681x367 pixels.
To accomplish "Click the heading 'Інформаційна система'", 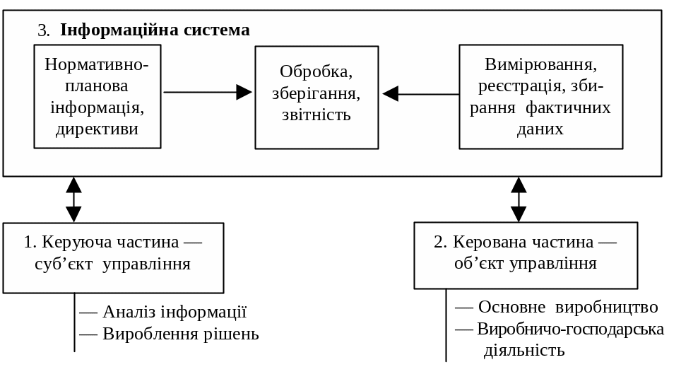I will tap(155, 30).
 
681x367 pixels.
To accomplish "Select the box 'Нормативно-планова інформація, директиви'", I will tap(97, 96).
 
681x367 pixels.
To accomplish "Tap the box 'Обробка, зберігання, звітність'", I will tap(316, 97).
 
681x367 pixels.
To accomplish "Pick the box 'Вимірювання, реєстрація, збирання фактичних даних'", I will tap(540, 96).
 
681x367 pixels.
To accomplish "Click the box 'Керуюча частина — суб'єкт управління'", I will tap(113, 257).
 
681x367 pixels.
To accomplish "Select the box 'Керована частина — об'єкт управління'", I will tap(525, 255).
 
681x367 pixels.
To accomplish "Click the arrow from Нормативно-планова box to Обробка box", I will tap(208, 92).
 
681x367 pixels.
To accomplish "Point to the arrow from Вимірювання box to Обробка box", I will tap(420, 93).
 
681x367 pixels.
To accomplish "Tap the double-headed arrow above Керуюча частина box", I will tap(73, 199).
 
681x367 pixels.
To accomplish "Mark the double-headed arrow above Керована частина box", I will tap(519, 199).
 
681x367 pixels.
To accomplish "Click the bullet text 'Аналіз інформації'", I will tap(174, 312).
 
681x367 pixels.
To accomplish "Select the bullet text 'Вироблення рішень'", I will tap(181, 334).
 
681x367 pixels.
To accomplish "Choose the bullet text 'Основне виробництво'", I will tap(568, 307).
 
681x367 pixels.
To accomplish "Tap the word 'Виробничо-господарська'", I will tap(571, 329).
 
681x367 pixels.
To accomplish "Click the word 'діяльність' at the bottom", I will tap(523, 351).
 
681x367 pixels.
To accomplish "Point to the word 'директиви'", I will tap(97, 129).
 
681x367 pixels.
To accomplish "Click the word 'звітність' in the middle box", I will tap(316, 114).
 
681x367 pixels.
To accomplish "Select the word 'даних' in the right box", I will tap(540, 129).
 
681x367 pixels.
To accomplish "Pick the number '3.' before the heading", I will tap(44, 30).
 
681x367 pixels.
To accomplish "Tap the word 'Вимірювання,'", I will tap(540, 64).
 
